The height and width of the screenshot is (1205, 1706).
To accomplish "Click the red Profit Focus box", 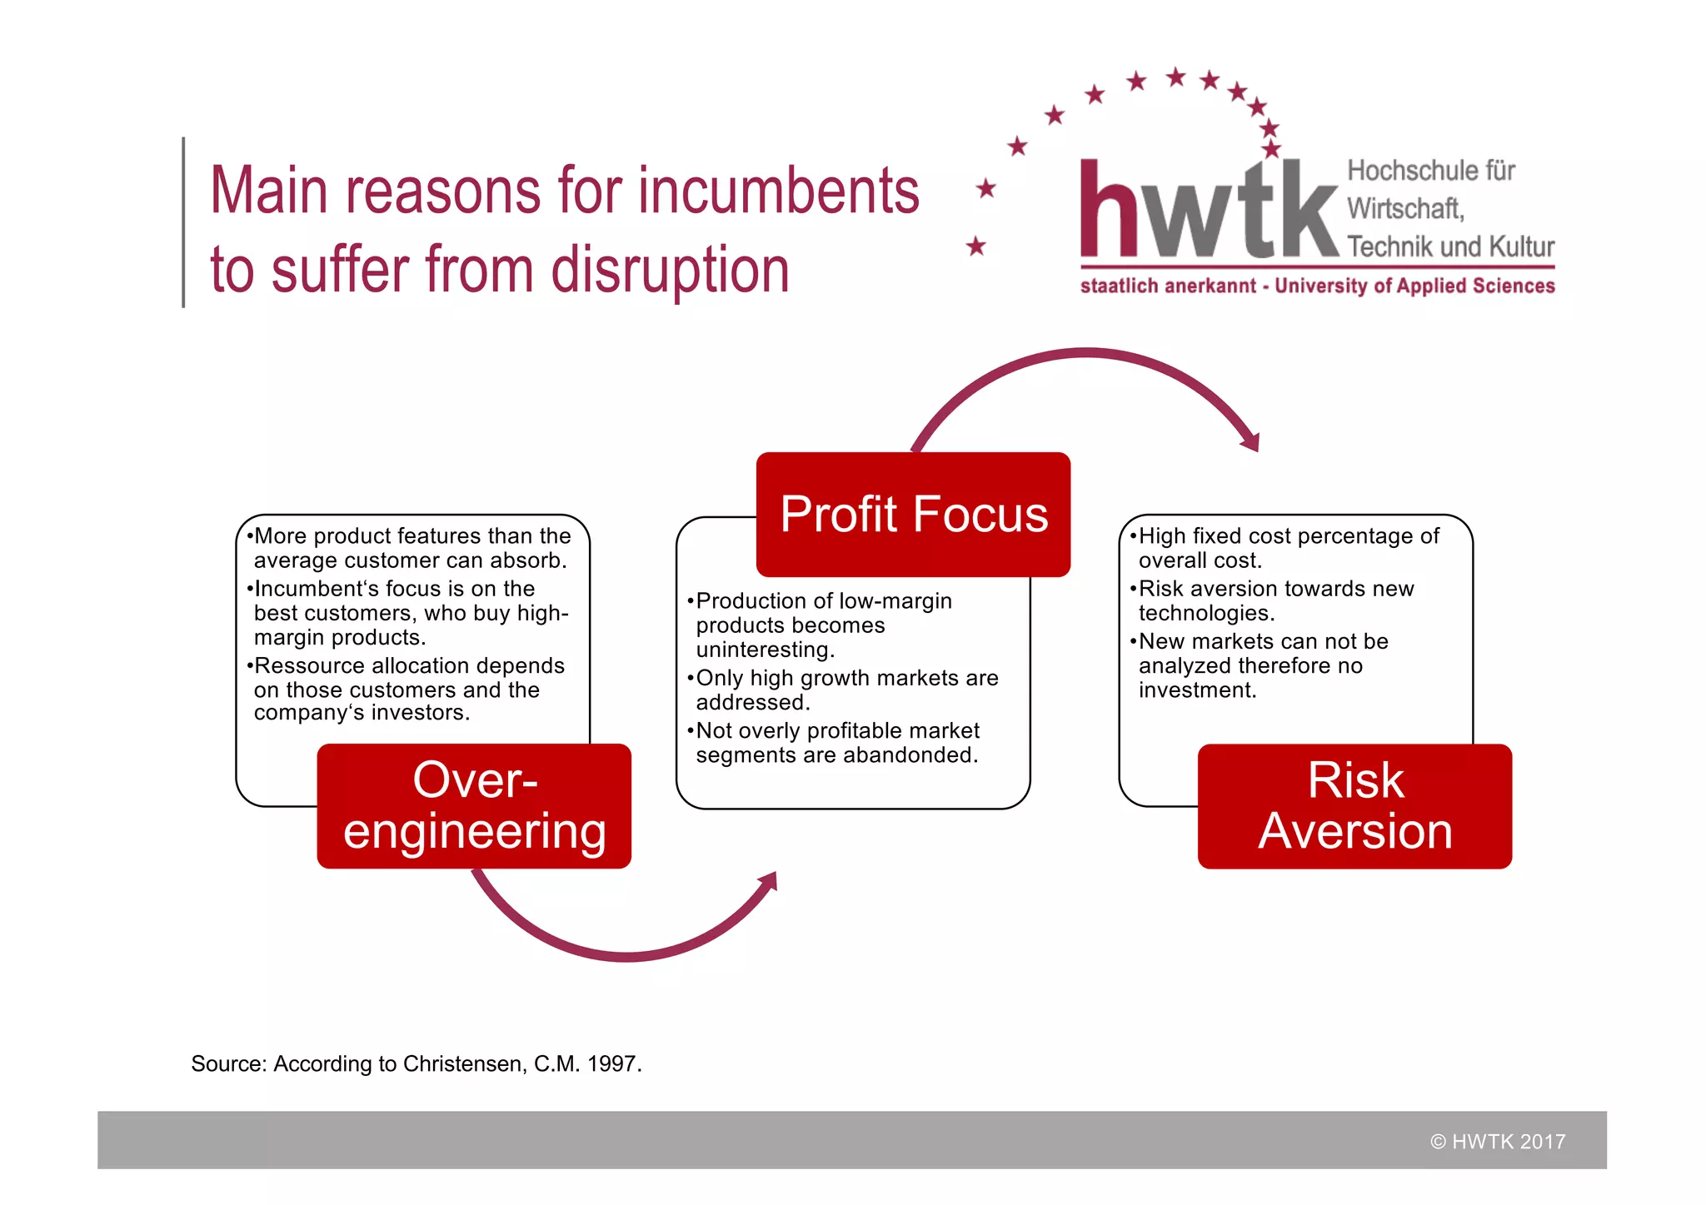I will pyautogui.click(x=913, y=514).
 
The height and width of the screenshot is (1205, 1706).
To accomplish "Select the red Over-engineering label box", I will pyautogui.click(x=474, y=805).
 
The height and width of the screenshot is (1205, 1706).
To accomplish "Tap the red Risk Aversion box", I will pyautogui.click(x=1354, y=805).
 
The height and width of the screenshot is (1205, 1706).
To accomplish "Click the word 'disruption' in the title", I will pyautogui.click(x=670, y=271).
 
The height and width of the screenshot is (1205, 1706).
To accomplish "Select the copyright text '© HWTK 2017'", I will pyautogui.click(x=1498, y=1142).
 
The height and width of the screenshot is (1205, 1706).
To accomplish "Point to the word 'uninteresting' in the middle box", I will pyautogui.click(x=764, y=650).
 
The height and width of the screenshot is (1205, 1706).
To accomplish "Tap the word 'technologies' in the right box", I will pyautogui.click(x=1205, y=614).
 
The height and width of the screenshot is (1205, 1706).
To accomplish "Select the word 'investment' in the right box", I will pyautogui.click(x=1195, y=690).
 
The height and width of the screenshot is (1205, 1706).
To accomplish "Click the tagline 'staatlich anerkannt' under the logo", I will pyautogui.click(x=1167, y=286).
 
